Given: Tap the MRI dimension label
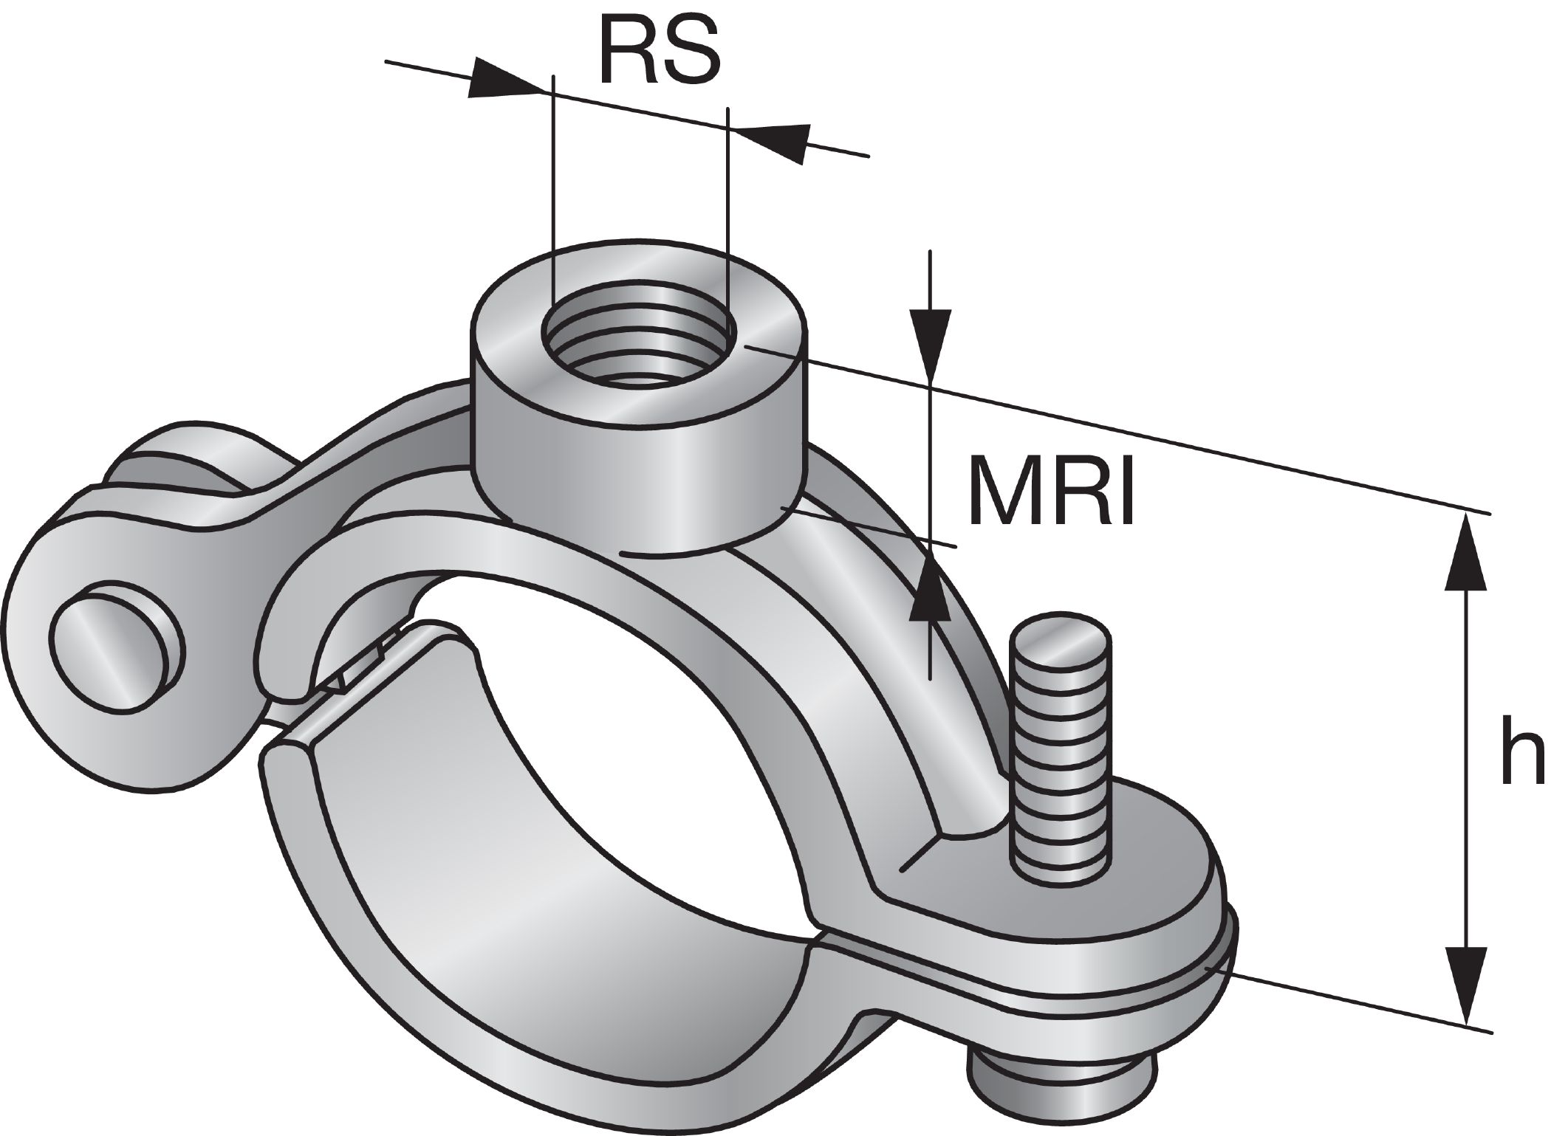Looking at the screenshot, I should pos(1050,489).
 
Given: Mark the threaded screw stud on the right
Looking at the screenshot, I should pos(1062,746).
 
